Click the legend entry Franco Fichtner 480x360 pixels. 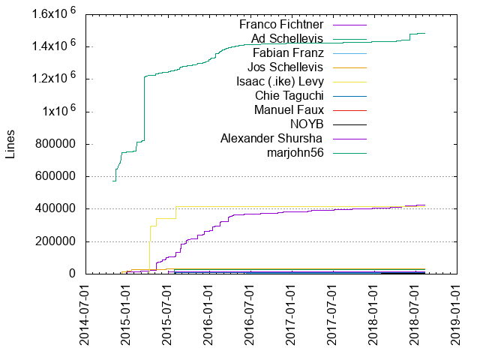tap(287, 24)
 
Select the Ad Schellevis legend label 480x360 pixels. tap(291, 38)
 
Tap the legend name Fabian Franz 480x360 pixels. tap(288, 52)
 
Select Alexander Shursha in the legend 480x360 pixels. tap(272, 138)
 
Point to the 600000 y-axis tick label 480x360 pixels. tap(55, 177)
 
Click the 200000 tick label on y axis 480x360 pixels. tap(55, 241)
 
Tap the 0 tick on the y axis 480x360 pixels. tap(72, 274)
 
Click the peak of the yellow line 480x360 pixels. tap(175, 207)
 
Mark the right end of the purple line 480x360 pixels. tap(424, 205)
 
